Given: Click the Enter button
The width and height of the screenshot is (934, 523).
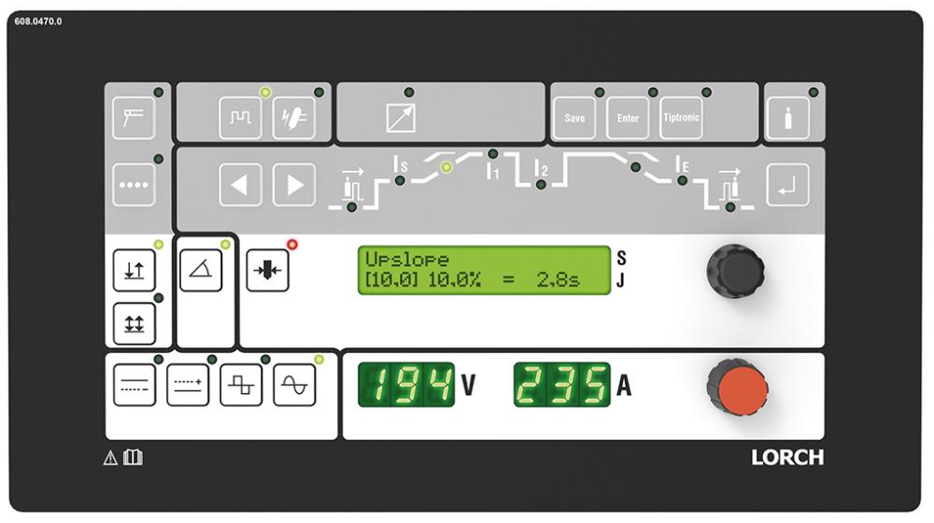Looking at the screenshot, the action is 628,118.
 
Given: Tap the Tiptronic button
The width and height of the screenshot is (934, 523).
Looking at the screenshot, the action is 681,118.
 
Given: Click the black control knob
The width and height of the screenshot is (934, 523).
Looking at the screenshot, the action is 736,271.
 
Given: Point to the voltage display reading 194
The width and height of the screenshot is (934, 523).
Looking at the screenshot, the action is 406,385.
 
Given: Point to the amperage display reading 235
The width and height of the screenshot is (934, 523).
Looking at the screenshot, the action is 561,385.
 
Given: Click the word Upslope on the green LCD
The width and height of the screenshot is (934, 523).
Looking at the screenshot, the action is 407,260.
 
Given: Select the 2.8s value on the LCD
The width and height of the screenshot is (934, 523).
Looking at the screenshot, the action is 558,279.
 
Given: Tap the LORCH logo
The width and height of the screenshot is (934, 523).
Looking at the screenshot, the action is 787,458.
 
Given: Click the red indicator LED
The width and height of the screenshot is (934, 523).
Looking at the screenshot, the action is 291,245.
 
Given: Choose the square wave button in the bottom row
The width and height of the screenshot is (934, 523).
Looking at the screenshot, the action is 241,386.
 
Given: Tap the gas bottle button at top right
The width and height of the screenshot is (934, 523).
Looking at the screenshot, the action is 788,118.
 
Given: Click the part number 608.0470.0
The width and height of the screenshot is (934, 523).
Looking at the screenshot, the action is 38,21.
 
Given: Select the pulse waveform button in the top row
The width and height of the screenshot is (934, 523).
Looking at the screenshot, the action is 240,118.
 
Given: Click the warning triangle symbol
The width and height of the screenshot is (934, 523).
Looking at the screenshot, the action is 110,458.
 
